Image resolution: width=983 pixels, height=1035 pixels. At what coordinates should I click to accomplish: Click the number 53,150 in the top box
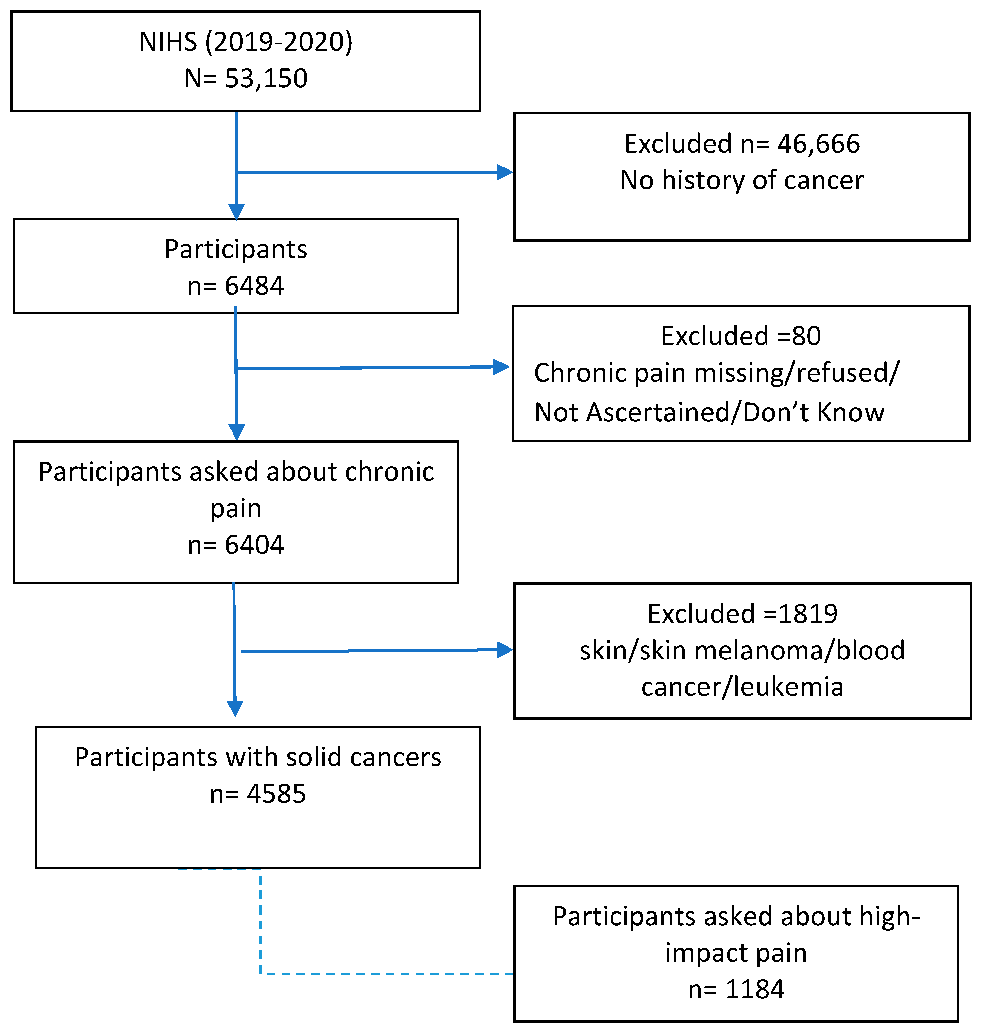(266, 79)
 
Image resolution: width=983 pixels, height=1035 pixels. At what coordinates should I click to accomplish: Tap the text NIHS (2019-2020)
(246, 42)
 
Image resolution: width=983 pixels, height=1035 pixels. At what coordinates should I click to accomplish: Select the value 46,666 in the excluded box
(819, 144)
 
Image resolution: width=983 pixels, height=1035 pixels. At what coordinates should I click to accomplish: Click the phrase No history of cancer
(742, 180)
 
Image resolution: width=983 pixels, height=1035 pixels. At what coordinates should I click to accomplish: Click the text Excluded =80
(741, 336)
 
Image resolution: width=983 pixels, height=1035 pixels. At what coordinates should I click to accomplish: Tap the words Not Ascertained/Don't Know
(710, 412)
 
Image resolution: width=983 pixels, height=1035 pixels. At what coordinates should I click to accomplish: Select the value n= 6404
(236, 545)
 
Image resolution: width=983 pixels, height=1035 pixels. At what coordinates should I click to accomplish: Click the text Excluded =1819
(743, 614)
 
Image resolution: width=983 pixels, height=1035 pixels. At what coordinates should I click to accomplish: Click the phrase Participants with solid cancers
(258, 757)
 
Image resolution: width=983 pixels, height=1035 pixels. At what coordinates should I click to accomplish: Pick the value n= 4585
(258, 794)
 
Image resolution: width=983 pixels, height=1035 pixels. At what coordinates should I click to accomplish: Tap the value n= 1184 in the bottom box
(736, 990)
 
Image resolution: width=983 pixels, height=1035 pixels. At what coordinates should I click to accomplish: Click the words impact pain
(736, 953)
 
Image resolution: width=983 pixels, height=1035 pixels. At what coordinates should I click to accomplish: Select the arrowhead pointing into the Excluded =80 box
(501, 367)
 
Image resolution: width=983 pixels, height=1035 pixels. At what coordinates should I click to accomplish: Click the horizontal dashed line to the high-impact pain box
(388, 974)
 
